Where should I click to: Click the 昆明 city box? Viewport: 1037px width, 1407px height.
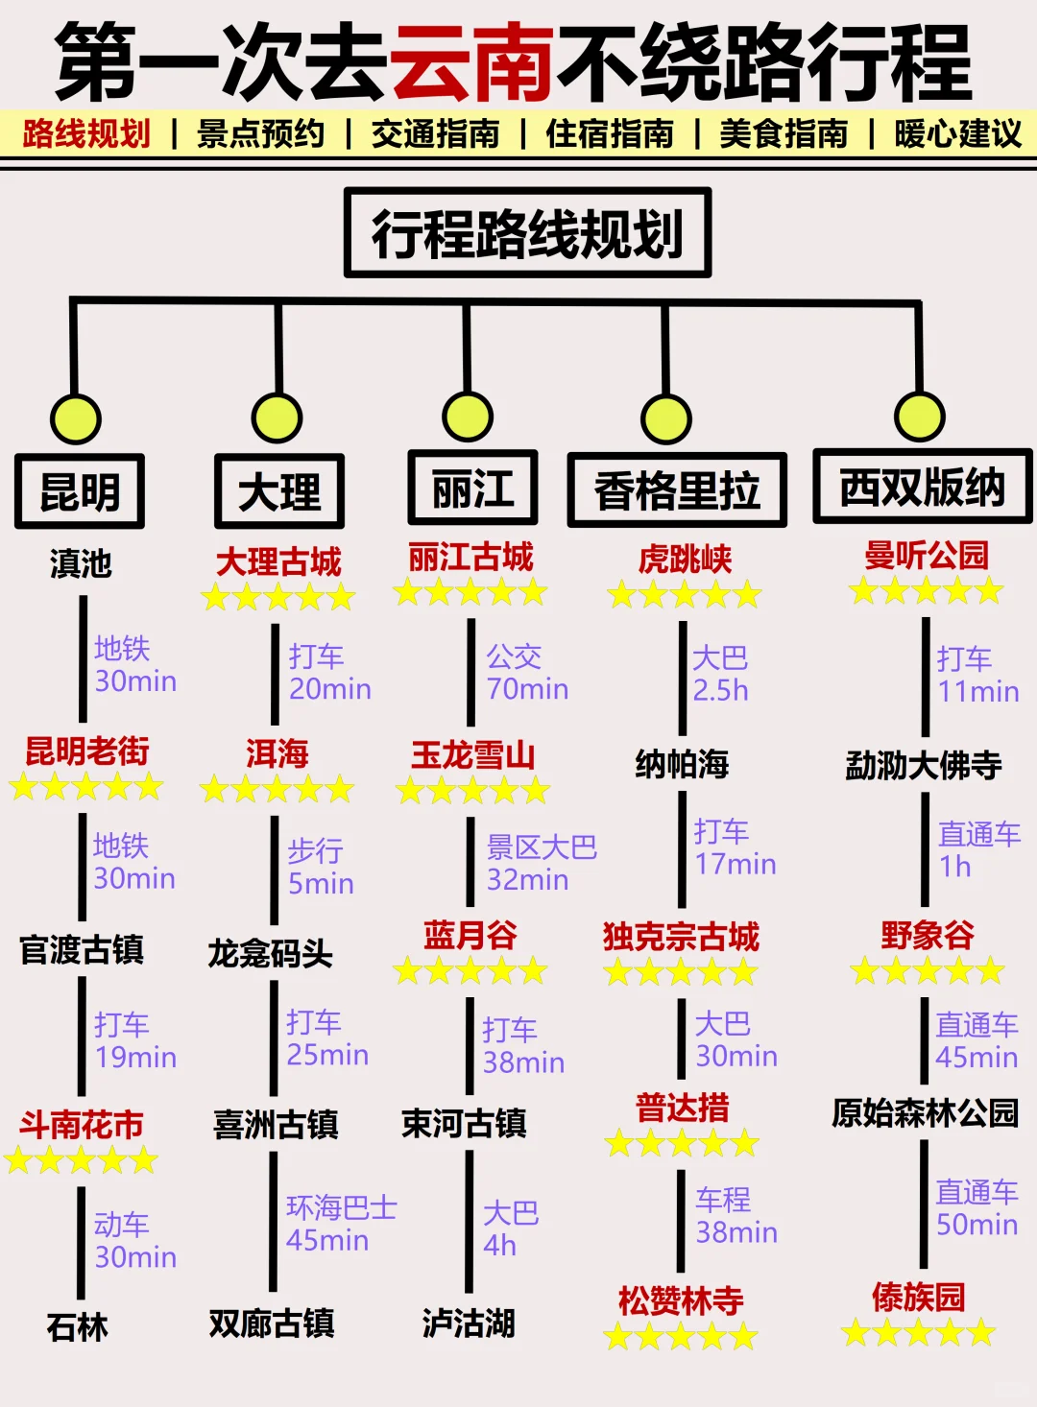pos(80,491)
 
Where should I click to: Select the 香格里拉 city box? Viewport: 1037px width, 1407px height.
pos(677,490)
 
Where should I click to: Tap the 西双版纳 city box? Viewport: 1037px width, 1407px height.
pos(922,488)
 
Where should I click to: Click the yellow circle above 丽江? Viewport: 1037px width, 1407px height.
pos(468,417)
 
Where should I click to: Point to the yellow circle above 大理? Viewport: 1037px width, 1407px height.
pos(277,418)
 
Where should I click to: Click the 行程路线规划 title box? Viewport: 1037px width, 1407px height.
pos(527,233)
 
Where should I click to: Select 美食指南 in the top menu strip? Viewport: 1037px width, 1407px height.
pos(784,133)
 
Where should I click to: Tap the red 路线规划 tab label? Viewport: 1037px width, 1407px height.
pos(86,133)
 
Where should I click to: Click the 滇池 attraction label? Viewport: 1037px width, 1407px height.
pos(81,563)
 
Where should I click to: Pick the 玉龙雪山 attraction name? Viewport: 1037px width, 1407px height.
pos(472,754)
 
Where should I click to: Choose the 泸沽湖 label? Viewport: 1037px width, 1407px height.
pos(469,1324)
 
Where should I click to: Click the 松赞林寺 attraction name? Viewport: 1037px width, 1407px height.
pos(681,1300)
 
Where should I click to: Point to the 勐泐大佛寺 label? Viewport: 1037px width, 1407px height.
pos(923,765)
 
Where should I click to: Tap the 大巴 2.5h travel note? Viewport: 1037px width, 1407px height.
pos(720,674)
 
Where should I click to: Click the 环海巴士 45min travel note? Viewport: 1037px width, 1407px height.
pos(341,1224)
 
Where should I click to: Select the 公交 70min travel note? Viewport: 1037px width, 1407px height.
pos(527,673)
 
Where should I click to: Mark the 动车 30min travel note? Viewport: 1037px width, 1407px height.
pos(135,1240)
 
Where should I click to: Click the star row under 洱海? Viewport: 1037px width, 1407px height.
pos(277,790)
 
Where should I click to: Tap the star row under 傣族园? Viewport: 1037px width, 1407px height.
pos(919,1332)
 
